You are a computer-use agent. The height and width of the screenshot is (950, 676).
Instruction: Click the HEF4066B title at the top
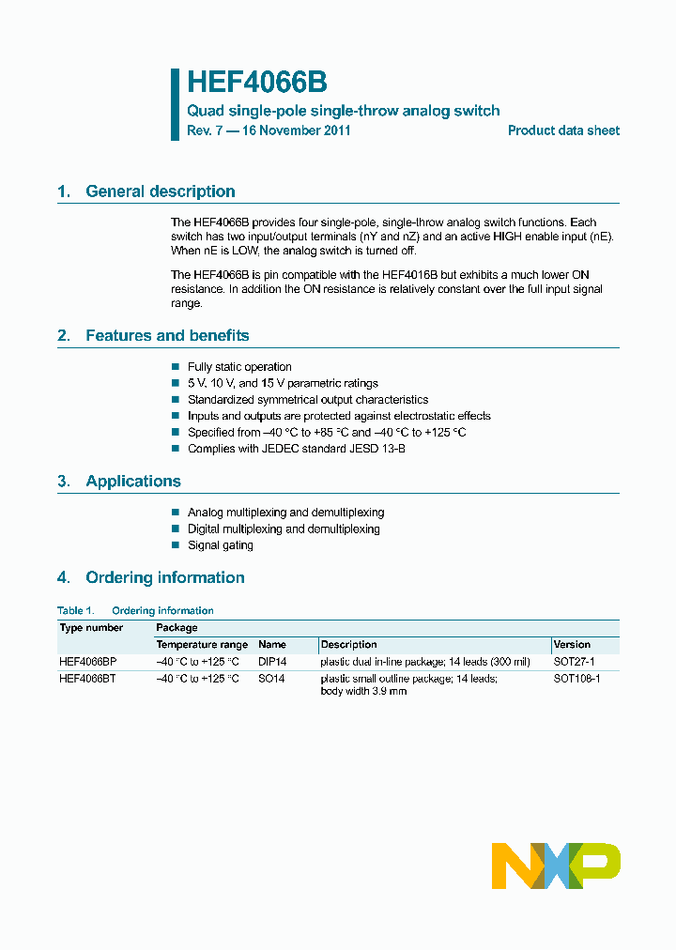pyautogui.click(x=256, y=83)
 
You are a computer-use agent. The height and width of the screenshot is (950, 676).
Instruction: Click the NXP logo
pyautogui.click(x=556, y=866)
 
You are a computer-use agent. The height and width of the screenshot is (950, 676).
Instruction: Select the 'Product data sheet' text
pyautogui.click(x=563, y=130)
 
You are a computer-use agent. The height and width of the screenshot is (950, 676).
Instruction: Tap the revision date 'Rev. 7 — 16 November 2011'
pyautogui.click(x=269, y=130)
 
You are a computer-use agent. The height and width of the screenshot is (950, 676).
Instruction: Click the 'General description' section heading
pyautogui.click(x=160, y=192)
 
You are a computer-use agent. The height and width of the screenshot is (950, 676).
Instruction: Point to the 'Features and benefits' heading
pyautogui.click(x=167, y=335)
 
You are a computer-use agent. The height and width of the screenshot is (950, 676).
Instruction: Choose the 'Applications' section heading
pyautogui.click(x=132, y=481)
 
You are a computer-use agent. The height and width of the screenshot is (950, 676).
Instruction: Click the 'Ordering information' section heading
pyautogui.click(x=164, y=577)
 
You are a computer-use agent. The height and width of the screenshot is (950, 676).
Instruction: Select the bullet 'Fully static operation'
pyautogui.click(x=239, y=367)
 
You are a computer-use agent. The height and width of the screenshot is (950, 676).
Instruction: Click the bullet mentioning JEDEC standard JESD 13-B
pyautogui.click(x=296, y=449)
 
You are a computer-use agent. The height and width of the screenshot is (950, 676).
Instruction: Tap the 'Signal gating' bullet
pyautogui.click(x=220, y=545)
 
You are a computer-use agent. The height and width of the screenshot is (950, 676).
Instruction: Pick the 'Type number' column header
pyautogui.click(x=91, y=627)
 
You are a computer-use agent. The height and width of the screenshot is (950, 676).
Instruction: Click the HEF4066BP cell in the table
pyautogui.click(x=87, y=662)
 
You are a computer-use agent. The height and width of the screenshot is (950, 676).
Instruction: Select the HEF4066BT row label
pyautogui.click(x=87, y=679)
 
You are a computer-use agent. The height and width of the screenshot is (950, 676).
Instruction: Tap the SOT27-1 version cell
pyautogui.click(x=574, y=662)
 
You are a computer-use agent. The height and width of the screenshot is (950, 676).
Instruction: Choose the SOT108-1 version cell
pyautogui.click(x=576, y=679)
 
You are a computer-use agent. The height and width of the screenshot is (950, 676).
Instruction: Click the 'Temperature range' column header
pyautogui.click(x=202, y=645)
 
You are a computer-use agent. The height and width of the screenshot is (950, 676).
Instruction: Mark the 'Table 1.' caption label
pyautogui.click(x=76, y=610)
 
